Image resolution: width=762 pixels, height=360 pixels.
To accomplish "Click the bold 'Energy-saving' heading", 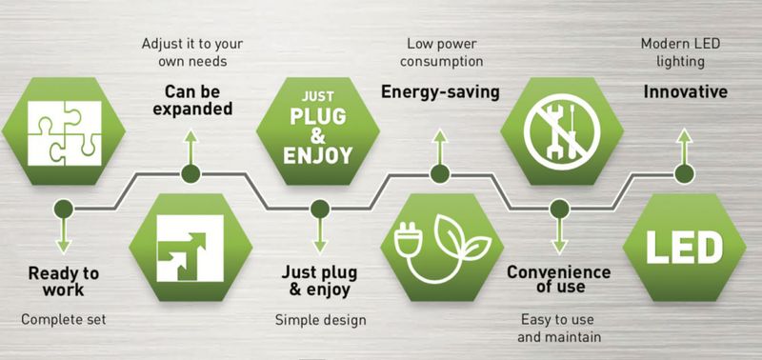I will (439, 92).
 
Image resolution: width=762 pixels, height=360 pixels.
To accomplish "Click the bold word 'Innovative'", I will (685, 92).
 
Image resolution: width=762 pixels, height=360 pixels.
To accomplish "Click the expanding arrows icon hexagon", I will (190, 248).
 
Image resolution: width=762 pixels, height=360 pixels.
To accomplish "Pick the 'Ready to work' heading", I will (63, 281).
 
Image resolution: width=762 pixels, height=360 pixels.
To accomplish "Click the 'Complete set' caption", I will (63, 319).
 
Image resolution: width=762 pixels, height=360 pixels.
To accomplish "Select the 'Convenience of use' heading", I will (558, 278).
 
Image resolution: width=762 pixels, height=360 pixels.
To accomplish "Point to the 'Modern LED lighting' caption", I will (685, 51).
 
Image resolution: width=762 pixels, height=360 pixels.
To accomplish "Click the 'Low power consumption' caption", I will (439, 51).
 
